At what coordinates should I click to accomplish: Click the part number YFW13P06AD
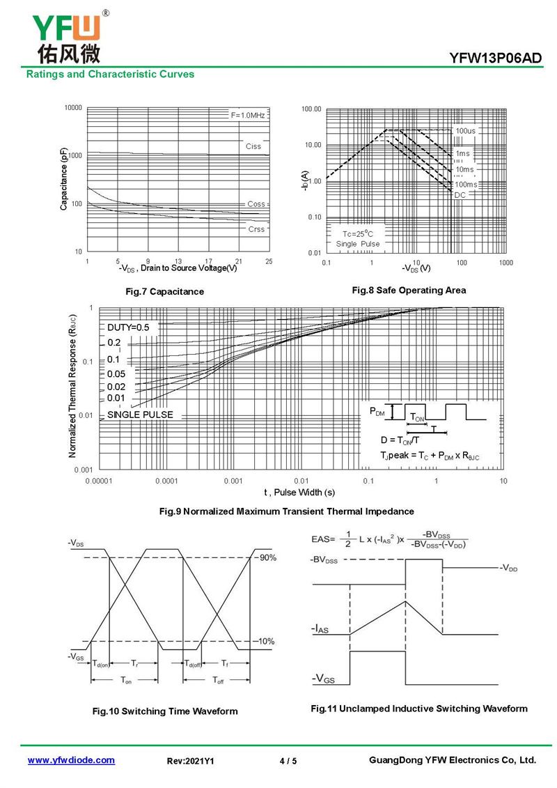[496, 59]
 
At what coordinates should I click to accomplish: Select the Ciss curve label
[253, 146]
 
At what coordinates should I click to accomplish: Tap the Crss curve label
[256, 229]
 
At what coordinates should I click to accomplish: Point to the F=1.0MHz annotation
[248, 115]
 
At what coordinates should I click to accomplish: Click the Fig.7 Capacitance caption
[164, 291]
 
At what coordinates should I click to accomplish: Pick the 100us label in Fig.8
[465, 131]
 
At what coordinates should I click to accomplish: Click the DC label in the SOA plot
[460, 195]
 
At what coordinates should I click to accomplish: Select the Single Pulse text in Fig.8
[358, 245]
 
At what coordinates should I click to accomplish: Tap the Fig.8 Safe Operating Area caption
[409, 290]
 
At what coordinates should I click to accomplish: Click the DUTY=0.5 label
[128, 327]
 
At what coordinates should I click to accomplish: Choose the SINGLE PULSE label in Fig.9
[140, 415]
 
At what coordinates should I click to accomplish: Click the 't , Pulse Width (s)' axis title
[299, 493]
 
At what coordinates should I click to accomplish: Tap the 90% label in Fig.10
[268, 558]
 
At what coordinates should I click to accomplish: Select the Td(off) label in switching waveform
[194, 664]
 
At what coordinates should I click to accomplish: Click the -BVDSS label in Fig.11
[324, 560]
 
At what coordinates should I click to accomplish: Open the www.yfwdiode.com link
[71, 760]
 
